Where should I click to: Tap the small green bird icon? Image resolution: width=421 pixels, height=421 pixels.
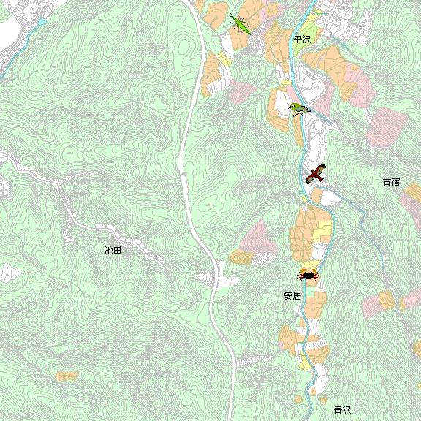click(x=299, y=110)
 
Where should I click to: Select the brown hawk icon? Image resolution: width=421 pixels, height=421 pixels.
click(x=316, y=174)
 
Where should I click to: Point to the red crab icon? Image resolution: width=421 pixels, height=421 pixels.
click(x=308, y=275)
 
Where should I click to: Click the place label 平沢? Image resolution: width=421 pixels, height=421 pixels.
click(x=301, y=39)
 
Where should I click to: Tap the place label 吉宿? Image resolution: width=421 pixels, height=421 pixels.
click(x=391, y=181)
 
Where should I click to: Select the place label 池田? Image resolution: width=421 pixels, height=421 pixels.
click(x=113, y=250)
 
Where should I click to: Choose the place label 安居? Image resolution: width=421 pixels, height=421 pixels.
click(x=292, y=296)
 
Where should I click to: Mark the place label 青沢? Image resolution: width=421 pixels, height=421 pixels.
click(x=342, y=410)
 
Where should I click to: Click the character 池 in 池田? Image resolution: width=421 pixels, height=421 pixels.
click(x=108, y=250)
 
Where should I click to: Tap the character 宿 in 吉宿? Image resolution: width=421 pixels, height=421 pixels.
click(x=395, y=181)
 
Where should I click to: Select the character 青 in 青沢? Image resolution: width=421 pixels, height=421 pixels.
click(x=338, y=410)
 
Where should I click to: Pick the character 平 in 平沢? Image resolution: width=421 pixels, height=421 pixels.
click(x=297, y=39)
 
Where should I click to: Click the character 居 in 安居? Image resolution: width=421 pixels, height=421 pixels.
click(x=297, y=296)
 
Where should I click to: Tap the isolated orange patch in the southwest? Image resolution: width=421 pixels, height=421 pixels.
click(x=67, y=376)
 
